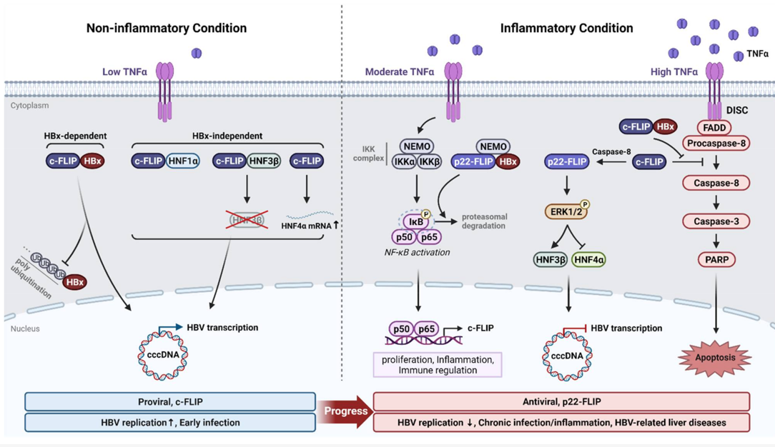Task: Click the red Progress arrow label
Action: [x=346, y=411]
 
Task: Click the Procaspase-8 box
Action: [x=716, y=144]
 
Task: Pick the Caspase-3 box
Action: [x=716, y=221]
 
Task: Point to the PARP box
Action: [x=716, y=260]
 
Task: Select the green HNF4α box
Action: [x=590, y=260]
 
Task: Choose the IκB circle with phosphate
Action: [x=416, y=221]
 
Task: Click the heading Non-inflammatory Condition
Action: [x=167, y=29]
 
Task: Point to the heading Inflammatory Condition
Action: [x=566, y=29]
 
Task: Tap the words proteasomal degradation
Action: [x=487, y=221]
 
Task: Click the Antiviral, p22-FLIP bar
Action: [x=561, y=401]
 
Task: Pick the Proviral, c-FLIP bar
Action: [x=170, y=401]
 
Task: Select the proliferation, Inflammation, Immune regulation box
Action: [x=438, y=364]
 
